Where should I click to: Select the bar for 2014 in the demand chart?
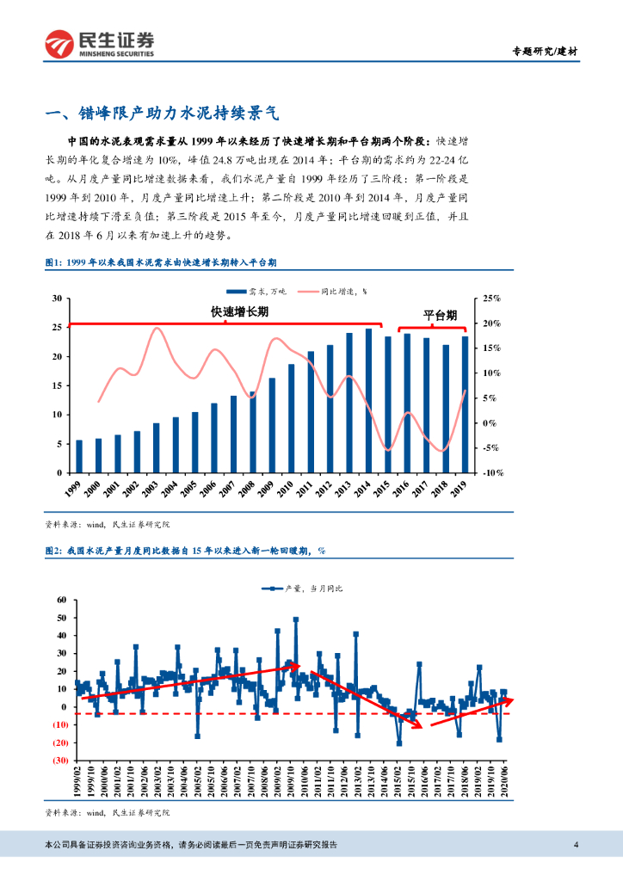(368, 401)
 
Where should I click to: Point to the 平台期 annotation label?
(440, 316)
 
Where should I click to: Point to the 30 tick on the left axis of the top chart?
(57, 299)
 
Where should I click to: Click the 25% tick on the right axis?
(491, 299)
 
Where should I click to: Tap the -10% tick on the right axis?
(491, 473)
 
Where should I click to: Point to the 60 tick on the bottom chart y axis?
(60, 600)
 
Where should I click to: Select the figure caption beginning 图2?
(185, 550)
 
